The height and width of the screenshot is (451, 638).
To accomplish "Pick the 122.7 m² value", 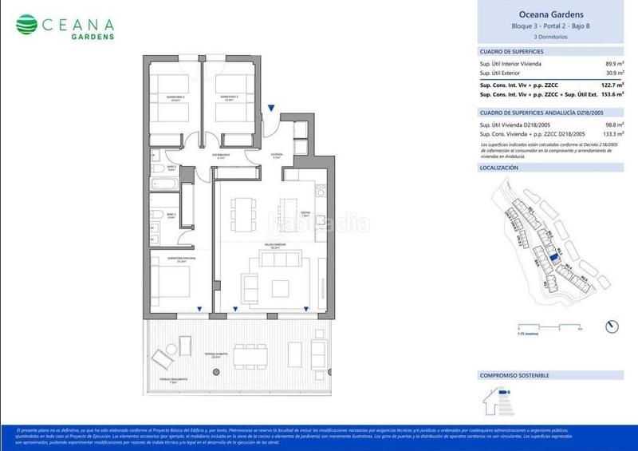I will (611, 85).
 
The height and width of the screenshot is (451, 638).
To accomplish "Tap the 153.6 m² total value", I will (611, 94).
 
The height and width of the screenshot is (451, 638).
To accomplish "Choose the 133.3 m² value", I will (611, 135).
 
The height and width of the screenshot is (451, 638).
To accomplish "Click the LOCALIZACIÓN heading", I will (499, 168).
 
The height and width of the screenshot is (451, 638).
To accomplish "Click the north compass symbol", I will (612, 326).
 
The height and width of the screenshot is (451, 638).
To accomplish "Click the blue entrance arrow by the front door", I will (271, 108).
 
